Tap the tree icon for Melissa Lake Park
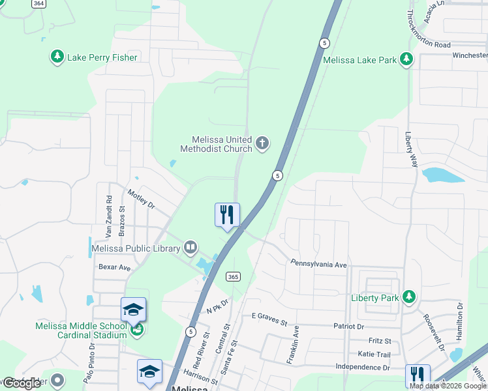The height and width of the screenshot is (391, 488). coord(407,60)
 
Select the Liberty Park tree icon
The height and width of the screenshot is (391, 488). coord(409,297)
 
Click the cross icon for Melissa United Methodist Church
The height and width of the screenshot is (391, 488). coord(262,143)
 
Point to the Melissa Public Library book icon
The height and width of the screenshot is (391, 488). coord(190,247)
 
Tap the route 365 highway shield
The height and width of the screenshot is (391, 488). coord(233,277)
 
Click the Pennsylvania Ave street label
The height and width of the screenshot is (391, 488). coord(318,265)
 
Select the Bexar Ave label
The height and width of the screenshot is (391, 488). coord(114,267)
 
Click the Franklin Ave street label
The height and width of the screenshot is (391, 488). coord(293,344)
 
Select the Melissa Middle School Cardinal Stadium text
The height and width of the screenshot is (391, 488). coord(82,330)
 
